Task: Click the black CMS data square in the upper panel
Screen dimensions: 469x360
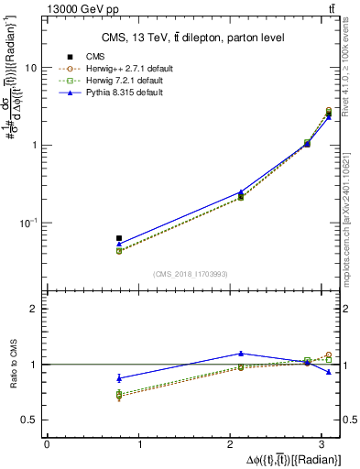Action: pos(119,238)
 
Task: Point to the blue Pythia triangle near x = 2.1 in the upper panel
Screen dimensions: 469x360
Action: pos(241,192)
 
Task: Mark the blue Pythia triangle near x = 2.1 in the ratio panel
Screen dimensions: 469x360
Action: pos(241,353)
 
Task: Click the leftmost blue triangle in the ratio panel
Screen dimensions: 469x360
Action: pos(119,377)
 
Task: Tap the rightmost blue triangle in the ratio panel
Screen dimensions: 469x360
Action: pos(329,372)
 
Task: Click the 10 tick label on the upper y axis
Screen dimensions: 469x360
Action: pos(33,69)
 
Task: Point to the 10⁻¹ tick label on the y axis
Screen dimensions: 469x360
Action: pos(30,222)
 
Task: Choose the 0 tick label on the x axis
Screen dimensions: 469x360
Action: pos(47,444)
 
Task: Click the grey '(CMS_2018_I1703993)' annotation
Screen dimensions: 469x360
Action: pos(192,274)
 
